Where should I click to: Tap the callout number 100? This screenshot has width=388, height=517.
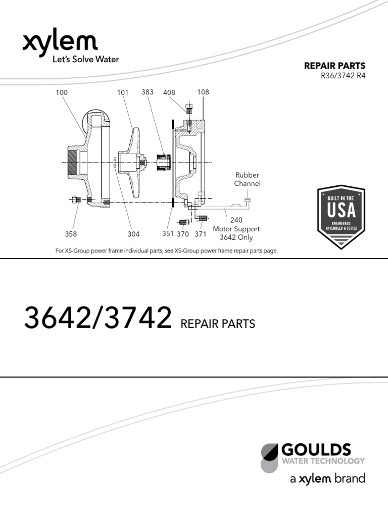point(62,93)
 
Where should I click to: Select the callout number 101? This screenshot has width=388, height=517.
point(123,93)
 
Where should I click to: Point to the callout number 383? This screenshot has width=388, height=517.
point(148,92)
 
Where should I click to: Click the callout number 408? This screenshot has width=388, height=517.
point(169,93)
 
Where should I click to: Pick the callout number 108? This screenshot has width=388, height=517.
point(203,92)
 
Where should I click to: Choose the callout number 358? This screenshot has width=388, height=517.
point(71,234)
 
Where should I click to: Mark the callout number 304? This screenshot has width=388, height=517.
point(133,234)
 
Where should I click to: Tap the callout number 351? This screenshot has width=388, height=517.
point(168,234)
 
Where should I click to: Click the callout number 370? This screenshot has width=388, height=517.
point(182,234)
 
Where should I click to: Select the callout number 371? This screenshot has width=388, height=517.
point(201,234)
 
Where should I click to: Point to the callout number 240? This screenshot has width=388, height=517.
point(236,220)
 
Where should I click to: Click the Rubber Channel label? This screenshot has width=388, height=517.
point(247,179)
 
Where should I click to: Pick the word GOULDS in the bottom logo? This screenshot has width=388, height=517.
point(316,449)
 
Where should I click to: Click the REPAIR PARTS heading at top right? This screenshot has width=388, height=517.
point(334,66)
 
